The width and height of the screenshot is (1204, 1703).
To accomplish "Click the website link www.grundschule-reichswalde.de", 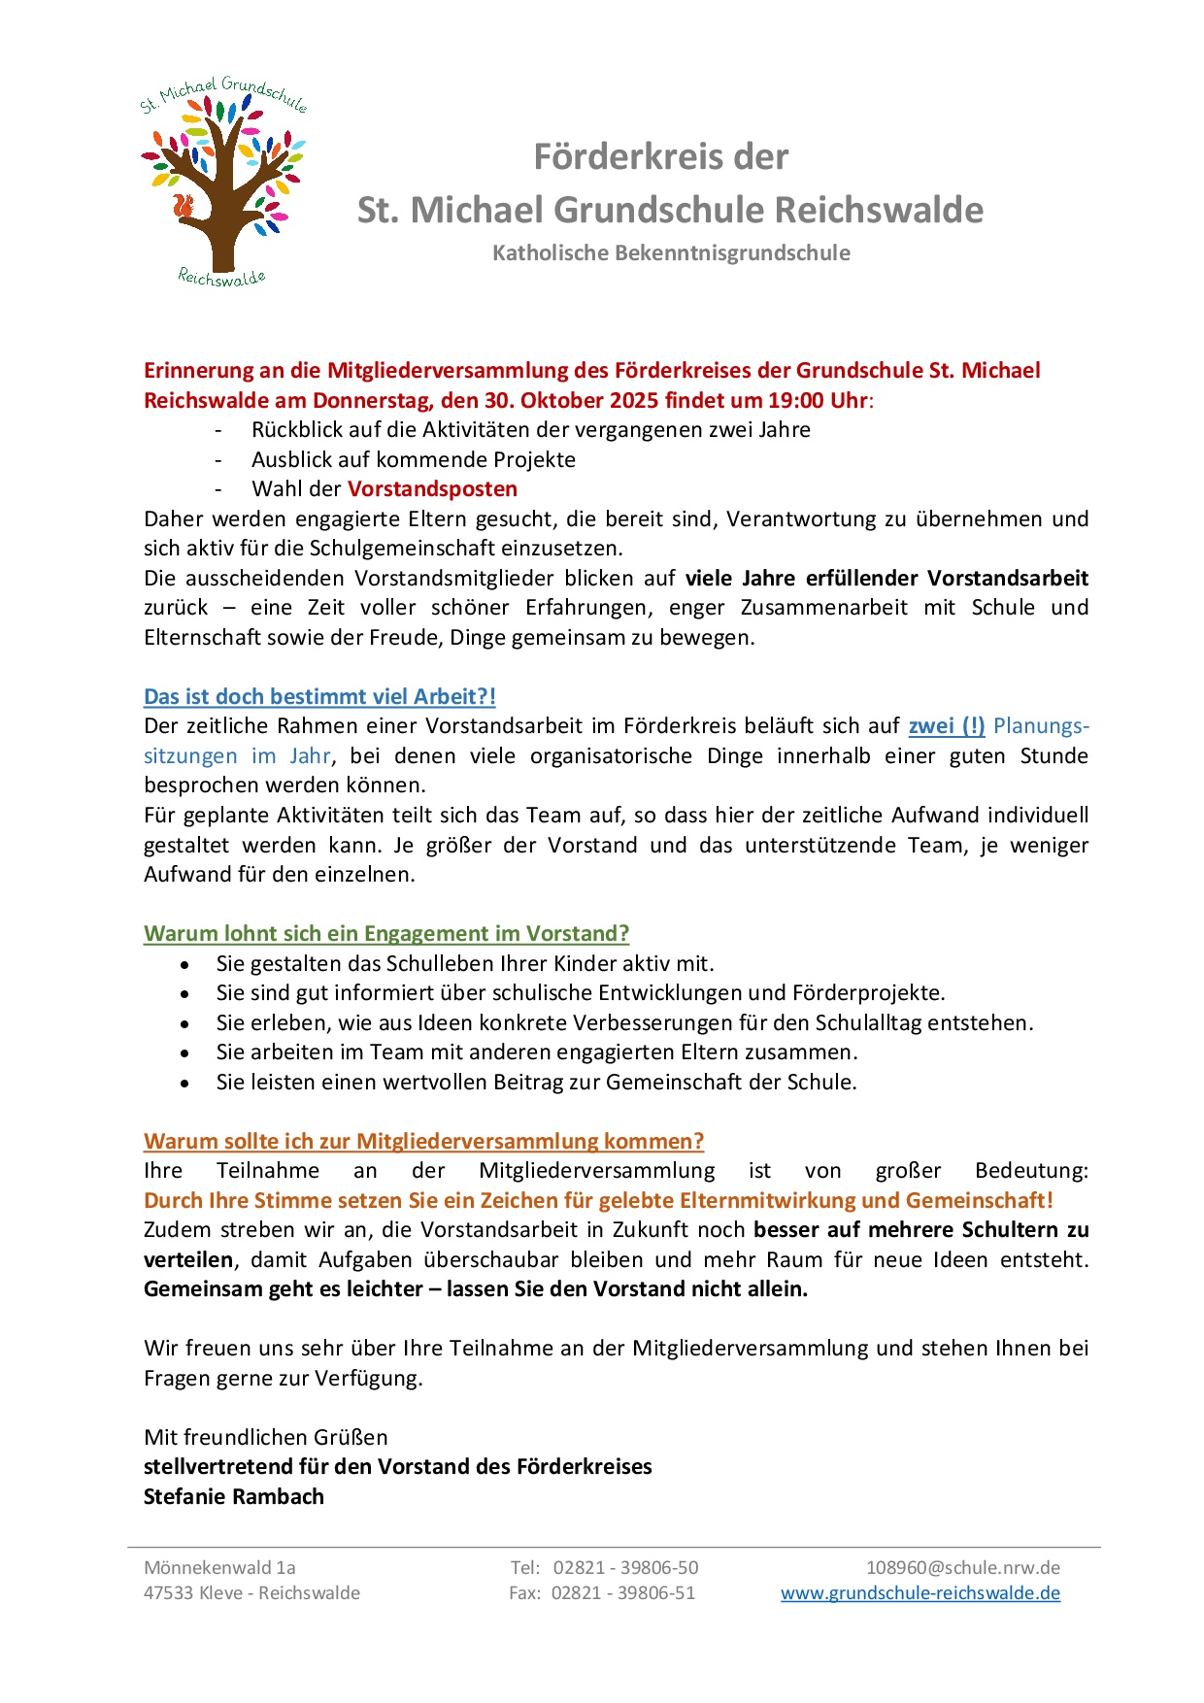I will [x=920, y=1592].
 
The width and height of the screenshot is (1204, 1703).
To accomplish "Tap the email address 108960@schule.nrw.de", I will [x=962, y=1567].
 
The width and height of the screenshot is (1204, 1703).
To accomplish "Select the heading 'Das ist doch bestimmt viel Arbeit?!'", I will [x=319, y=696].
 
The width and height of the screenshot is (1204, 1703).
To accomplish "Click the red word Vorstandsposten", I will [x=432, y=488].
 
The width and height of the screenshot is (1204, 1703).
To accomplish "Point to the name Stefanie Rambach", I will [x=234, y=1496].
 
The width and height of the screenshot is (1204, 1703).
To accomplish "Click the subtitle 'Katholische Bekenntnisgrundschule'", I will [x=671, y=252].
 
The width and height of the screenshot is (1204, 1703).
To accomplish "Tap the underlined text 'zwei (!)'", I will [x=947, y=725].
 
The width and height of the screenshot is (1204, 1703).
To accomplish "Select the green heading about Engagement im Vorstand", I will [x=386, y=933].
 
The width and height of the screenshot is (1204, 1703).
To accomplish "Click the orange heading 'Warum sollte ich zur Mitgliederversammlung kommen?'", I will [x=423, y=1141].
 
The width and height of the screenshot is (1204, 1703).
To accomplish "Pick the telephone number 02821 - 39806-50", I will [x=625, y=1567].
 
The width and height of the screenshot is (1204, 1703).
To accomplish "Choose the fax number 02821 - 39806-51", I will [x=623, y=1592].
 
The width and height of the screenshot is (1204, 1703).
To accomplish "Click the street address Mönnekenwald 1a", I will [x=219, y=1567].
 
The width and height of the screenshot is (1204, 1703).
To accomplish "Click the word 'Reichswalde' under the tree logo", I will [x=221, y=278].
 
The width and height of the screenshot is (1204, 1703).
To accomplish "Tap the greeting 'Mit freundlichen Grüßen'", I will [x=265, y=1437].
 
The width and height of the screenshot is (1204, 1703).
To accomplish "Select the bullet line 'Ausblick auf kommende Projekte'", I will [x=414, y=459].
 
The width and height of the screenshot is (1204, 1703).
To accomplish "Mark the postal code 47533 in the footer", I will [x=169, y=1592].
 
